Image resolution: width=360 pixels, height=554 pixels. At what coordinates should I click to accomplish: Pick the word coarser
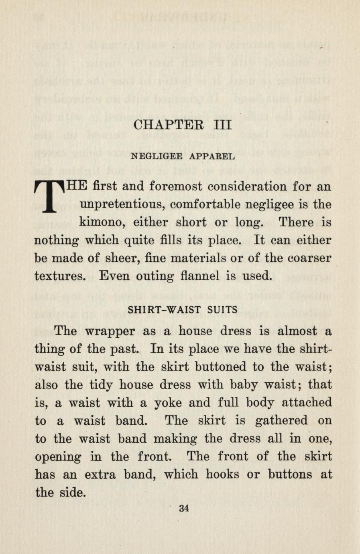(x=310, y=258)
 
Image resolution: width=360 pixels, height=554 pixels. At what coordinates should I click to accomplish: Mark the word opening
(x=58, y=457)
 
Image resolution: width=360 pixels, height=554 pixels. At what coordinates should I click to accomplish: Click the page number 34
(x=184, y=508)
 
